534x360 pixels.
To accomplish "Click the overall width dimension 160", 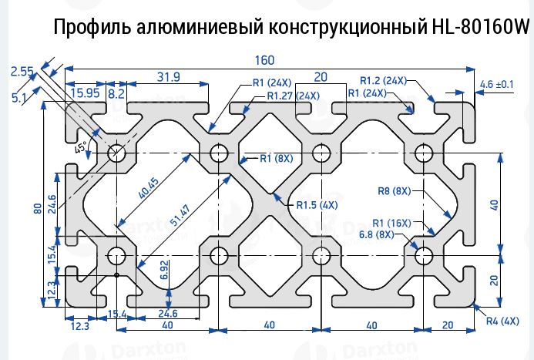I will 264,60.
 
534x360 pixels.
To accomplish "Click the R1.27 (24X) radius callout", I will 293,96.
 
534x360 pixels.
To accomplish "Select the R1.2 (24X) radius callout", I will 383,80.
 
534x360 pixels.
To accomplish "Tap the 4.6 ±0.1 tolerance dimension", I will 497,83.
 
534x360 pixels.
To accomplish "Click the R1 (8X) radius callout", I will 277,159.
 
